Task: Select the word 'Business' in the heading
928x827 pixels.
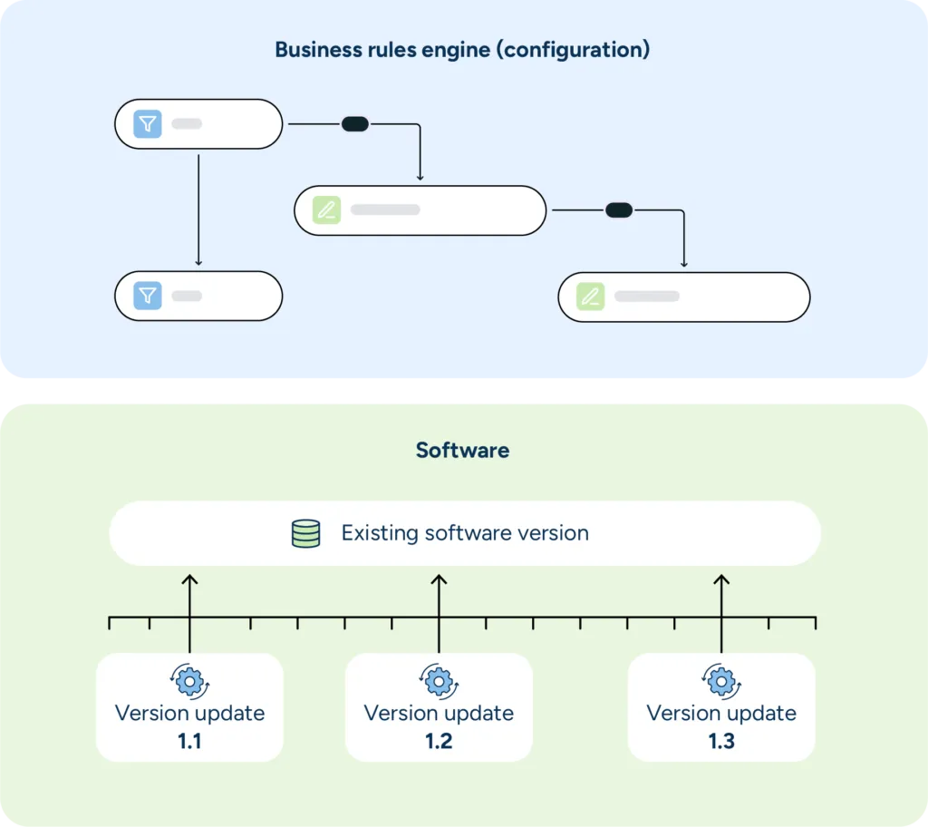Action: tap(314, 49)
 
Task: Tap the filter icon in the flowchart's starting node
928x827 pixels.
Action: tap(148, 124)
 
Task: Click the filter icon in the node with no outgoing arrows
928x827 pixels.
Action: tap(148, 296)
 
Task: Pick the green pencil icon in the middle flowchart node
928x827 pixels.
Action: tap(326, 210)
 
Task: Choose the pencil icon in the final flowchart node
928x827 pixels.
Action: tap(590, 297)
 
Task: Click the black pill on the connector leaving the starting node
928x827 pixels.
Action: tap(354, 124)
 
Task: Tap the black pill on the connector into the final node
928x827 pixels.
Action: tap(619, 210)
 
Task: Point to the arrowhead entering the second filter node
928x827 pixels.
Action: tap(198, 262)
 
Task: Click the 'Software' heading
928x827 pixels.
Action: tap(462, 450)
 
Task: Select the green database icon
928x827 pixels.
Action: tap(306, 533)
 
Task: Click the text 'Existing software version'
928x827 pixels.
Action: tap(465, 533)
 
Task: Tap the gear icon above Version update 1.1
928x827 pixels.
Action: tap(189, 680)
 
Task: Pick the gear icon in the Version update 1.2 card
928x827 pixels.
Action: tap(439, 680)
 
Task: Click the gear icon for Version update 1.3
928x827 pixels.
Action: tap(721, 680)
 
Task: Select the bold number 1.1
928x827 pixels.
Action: tap(189, 741)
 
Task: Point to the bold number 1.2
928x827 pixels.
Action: tap(439, 741)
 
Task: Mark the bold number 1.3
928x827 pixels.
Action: tap(721, 741)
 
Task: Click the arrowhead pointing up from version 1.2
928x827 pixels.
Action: tap(439, 579)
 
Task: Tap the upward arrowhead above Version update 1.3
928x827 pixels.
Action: tap(721, 579)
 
